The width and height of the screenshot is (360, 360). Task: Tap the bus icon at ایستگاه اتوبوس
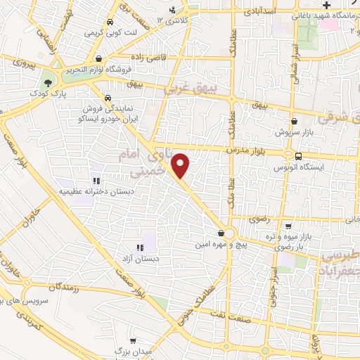299,157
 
